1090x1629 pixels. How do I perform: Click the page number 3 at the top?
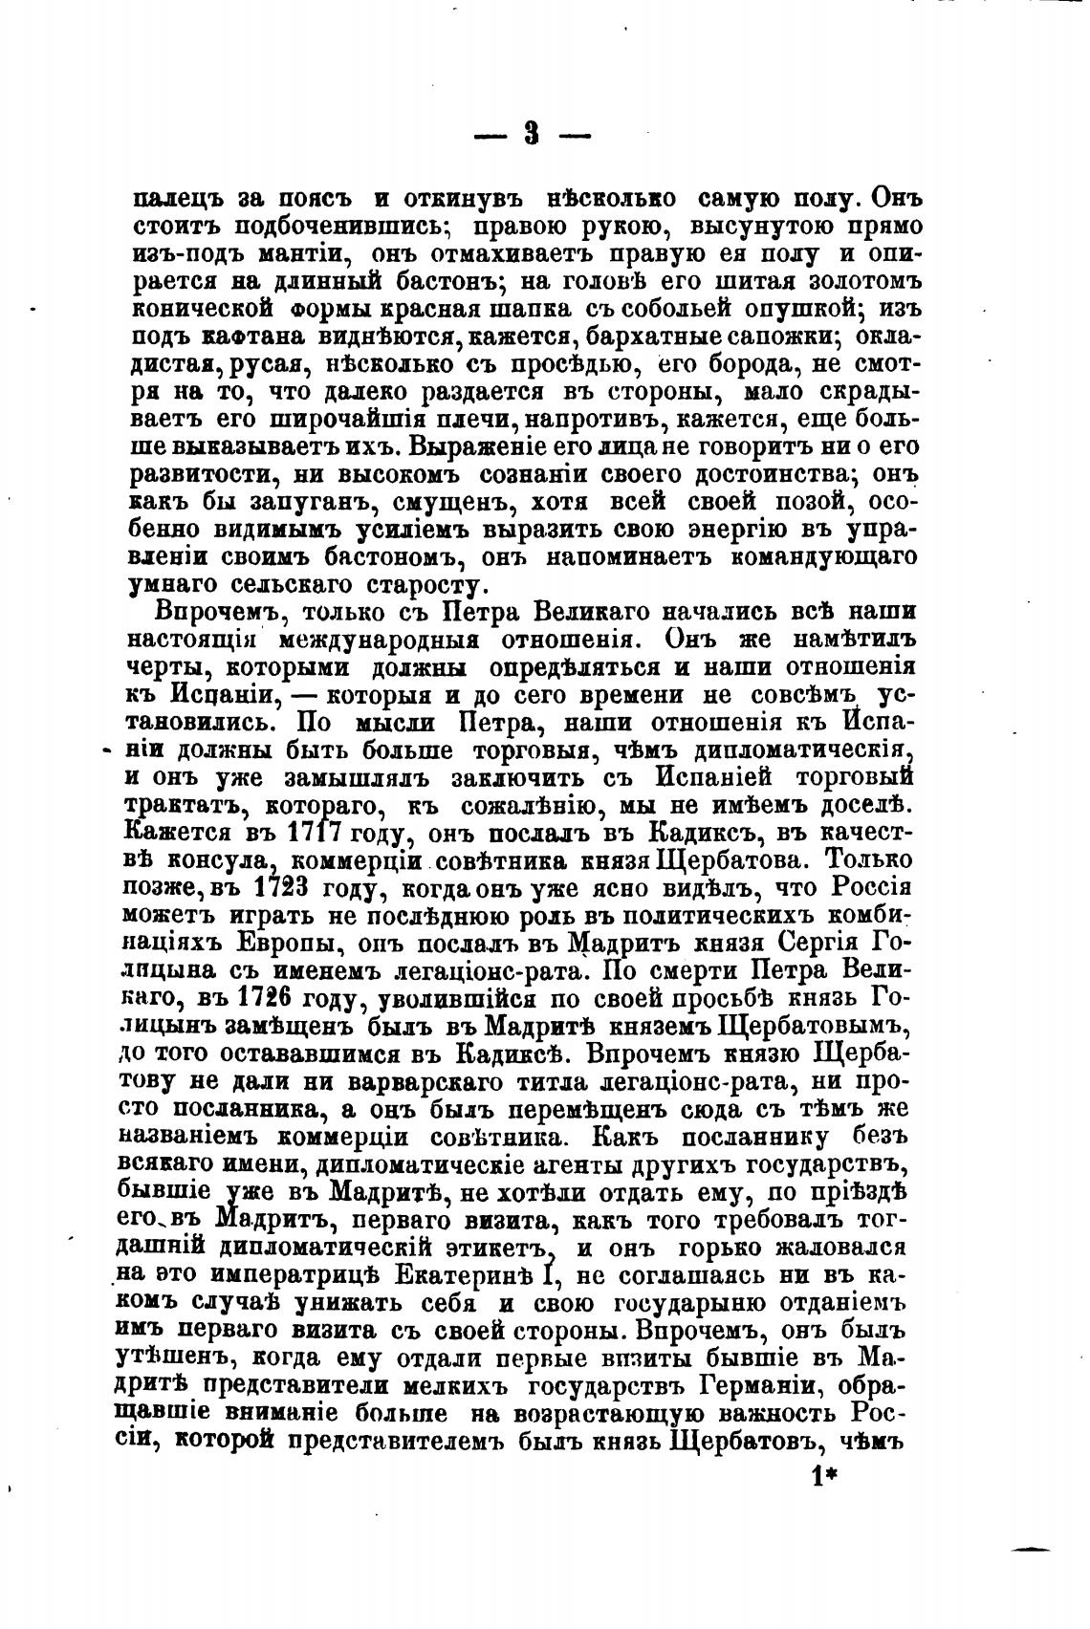tap(533, 134)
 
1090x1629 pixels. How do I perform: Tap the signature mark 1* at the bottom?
tap(822, 1476)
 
